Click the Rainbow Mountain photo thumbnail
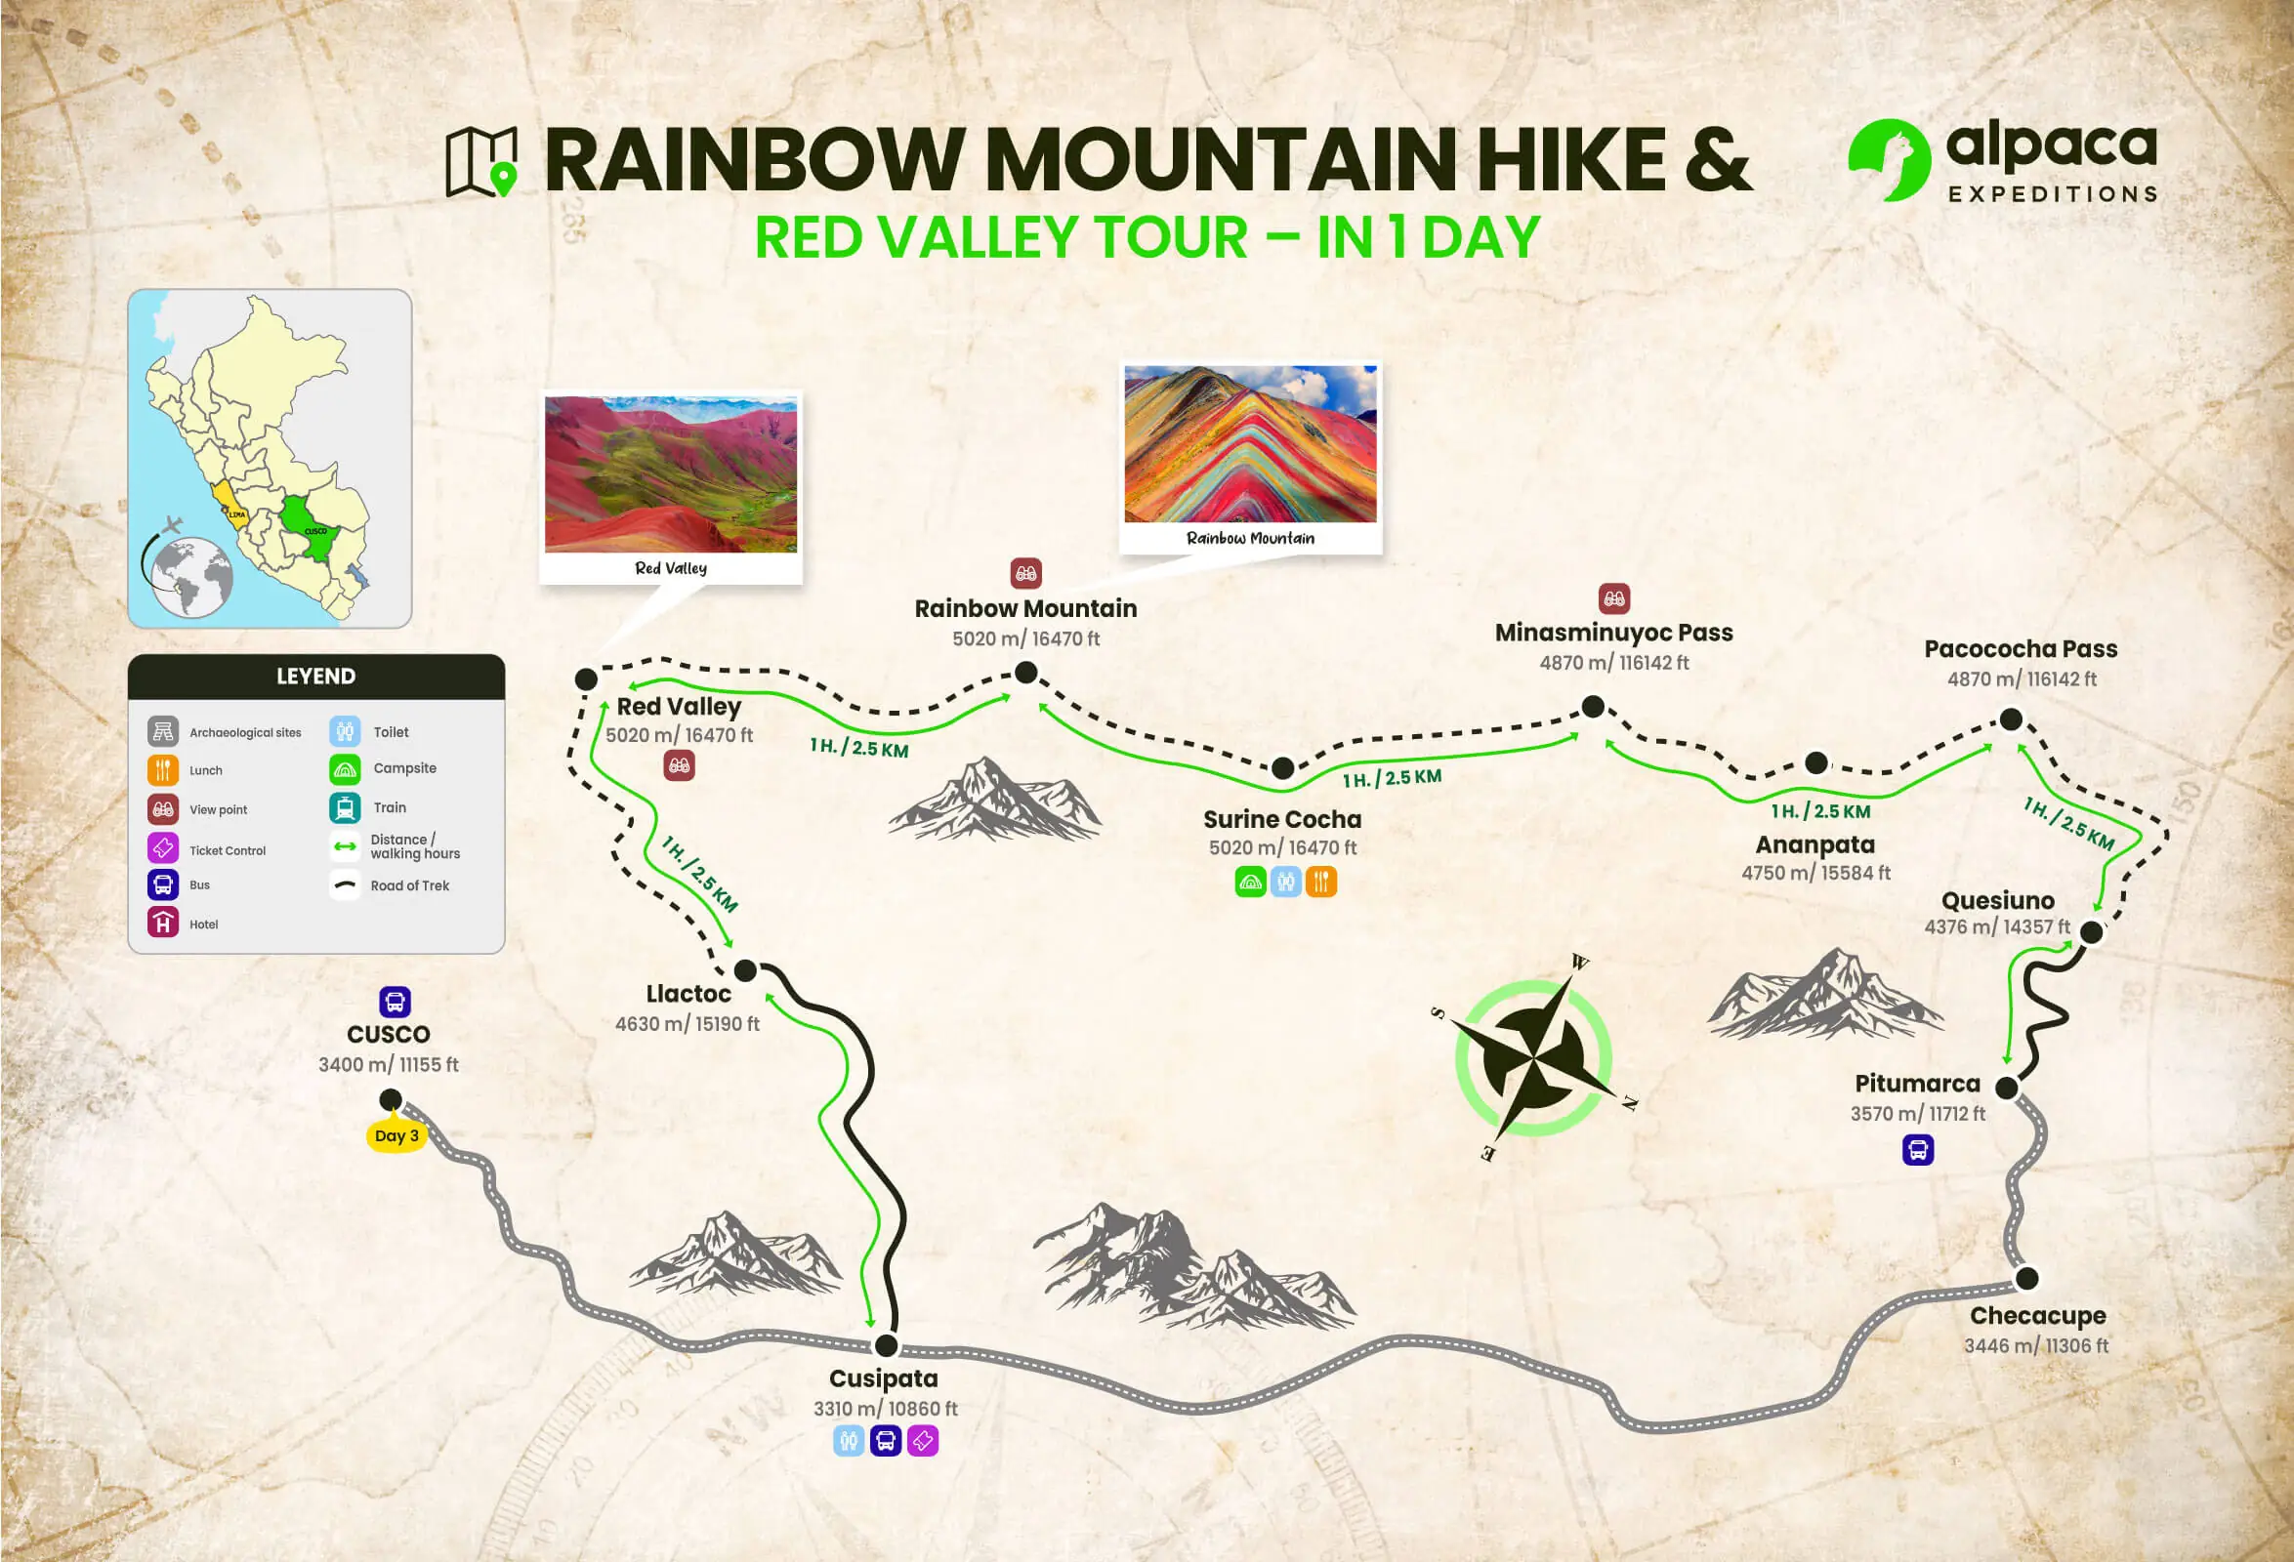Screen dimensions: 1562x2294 coord(1250,443)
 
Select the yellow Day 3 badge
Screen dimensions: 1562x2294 coord(396,1135)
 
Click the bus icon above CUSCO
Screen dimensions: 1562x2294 coord(395,1003)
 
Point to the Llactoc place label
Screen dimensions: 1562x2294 coord(688,994)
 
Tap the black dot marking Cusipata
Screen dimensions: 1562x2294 coord(887,1346)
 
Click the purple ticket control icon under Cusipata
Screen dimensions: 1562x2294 coord(923,1442)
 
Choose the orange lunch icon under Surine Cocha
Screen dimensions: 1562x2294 coord(1320,882)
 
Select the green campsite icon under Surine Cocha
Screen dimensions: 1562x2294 coord(1251,882)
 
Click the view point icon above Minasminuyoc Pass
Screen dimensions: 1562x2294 coord(1614,598)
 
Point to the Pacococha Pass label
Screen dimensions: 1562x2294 coord(2021,649)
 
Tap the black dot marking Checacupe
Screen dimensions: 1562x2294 coord(2026,1279)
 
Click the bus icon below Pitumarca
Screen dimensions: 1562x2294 coord(1918,1150)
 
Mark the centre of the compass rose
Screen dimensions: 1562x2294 coord(1533,1059)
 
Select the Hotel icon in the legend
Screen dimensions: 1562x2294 coord(163,924)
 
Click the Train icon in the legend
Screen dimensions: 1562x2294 coord(345,808)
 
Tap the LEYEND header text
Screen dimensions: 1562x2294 coord(315,677)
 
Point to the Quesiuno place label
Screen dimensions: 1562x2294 coord(1997,901)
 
